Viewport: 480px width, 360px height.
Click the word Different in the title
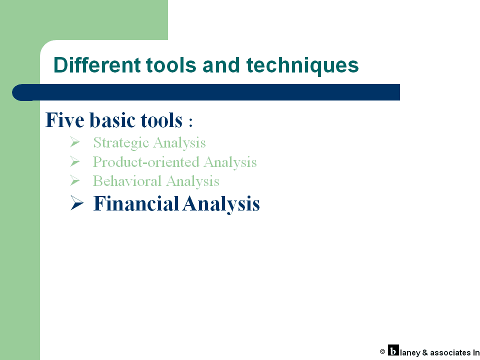point(97,65)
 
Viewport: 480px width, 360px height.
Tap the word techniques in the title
point(302,66)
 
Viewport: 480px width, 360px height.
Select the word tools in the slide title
point(171,65)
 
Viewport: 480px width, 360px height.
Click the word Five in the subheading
point(64,119)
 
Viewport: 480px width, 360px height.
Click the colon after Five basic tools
point(190,122)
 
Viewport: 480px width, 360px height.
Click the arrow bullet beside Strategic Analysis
point(74,142)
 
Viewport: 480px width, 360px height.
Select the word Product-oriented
point(146,162)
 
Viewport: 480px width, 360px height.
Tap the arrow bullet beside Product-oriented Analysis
point(74,161)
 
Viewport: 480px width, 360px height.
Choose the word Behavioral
point(127,181)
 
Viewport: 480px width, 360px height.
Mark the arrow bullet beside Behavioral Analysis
point(74,180)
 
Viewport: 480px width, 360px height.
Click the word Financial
point(136,203)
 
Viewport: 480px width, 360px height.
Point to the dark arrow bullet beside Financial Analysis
point(77,203)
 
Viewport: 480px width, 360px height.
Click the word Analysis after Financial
point(221,204)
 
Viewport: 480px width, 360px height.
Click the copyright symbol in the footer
point(382,351)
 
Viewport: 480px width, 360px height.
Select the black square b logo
point(393,350)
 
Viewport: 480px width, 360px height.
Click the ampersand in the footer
point(425,352)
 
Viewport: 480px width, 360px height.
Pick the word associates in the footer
point(450,352)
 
